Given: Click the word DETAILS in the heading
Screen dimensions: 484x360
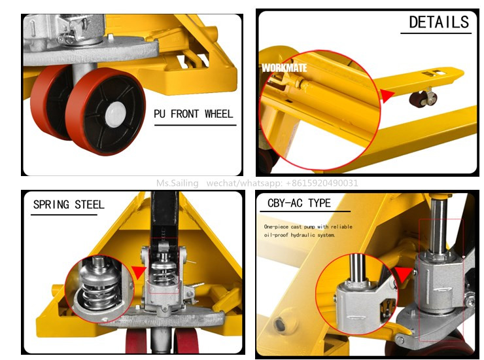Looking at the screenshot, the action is coord(439,22).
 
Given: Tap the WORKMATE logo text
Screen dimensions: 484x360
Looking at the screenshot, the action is coord(285,68).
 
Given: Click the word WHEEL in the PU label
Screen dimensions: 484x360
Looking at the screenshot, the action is coord(218,114).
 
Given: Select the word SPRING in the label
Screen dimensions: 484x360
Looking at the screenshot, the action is coord(51,205).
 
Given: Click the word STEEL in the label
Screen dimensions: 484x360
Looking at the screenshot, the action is coord(90,205).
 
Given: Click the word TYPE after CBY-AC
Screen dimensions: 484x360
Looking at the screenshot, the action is coord(319,203).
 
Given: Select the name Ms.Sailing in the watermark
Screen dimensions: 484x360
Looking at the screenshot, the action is coord(177,183).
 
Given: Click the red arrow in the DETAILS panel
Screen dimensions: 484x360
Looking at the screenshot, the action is coord(387,95).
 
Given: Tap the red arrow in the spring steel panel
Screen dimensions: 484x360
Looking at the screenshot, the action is coord(139,272).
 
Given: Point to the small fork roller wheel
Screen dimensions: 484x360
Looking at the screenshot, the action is coord(423,99).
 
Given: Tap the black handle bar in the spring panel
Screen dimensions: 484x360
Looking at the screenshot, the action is coord(164,216).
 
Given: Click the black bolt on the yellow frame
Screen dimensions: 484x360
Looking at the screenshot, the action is coord(280,325).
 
